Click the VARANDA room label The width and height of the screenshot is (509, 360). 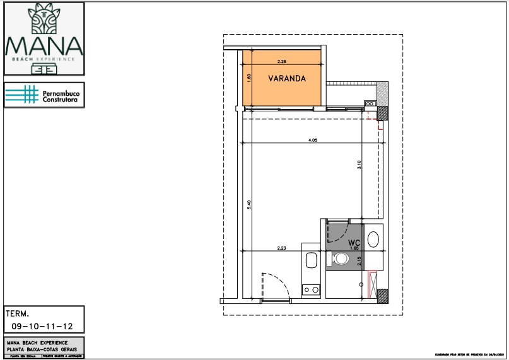click(x=287, y=79)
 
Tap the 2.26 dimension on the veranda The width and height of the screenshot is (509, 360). click(x=282, y=62)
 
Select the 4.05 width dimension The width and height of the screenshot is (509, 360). click(x=312, y=140)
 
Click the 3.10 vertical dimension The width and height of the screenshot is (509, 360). click(x=358, y=167)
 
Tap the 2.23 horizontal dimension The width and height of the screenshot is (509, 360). click(x=281, y=248)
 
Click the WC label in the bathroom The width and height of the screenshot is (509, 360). click(x=353, y=242)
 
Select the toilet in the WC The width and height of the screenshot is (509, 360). click(x=341, y=258)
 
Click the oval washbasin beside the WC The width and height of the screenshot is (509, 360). click(x=373, y=240)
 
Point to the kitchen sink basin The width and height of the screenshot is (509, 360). click(x=310, y=260)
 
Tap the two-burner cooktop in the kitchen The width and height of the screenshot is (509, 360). click(x=310, y=290)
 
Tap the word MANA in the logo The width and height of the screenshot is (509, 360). click(x=44, y=46)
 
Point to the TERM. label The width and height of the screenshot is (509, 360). click(x=18, y=313)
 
